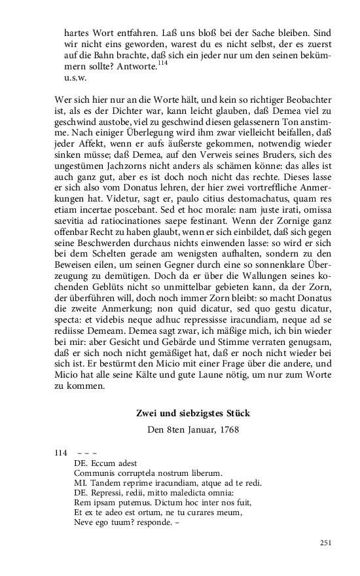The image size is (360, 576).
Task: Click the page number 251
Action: [326, 543]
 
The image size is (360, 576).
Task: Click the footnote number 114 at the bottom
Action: [61, 452]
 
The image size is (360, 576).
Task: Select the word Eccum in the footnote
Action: [101, 462]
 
